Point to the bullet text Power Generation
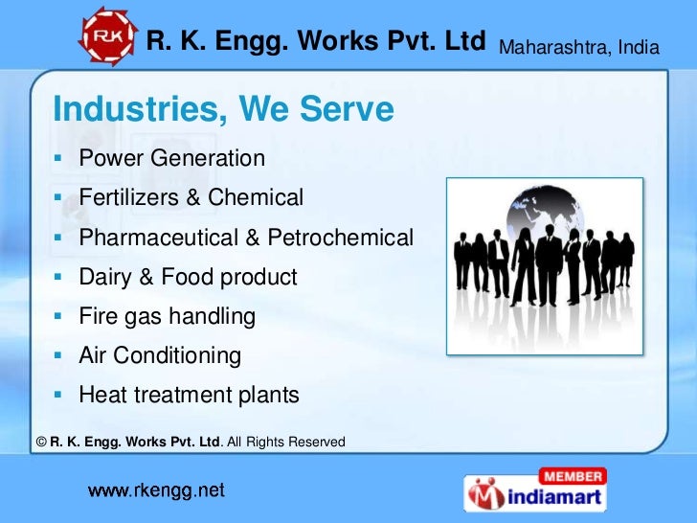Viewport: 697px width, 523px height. coord(171,158)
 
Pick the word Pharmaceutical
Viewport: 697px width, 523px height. coord(160,238)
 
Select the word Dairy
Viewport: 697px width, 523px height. coord(104,278)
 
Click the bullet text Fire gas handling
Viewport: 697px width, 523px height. coord(167,316)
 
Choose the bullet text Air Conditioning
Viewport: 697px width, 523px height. coord(160,356)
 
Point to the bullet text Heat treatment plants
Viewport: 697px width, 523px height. coord(189,395)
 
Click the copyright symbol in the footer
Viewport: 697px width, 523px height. coord(40,442)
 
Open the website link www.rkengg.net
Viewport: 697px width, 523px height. coord(157,491)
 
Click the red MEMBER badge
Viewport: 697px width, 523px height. coord(572,475)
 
